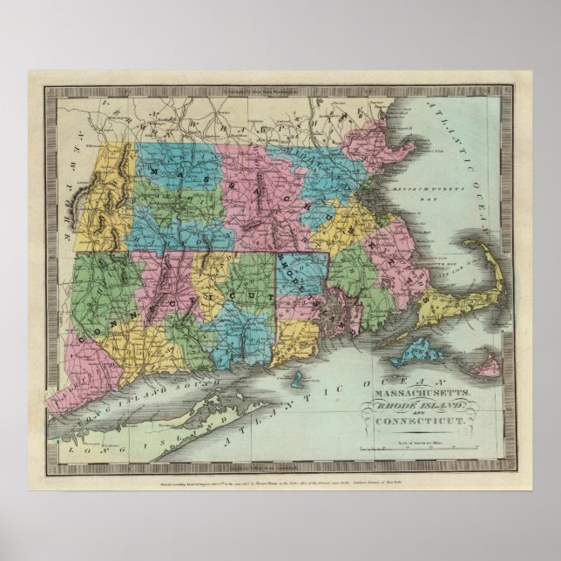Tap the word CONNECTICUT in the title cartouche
pyautogui.click(x=423, y=421)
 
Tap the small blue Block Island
pyautogui.click(x=300, y=380)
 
